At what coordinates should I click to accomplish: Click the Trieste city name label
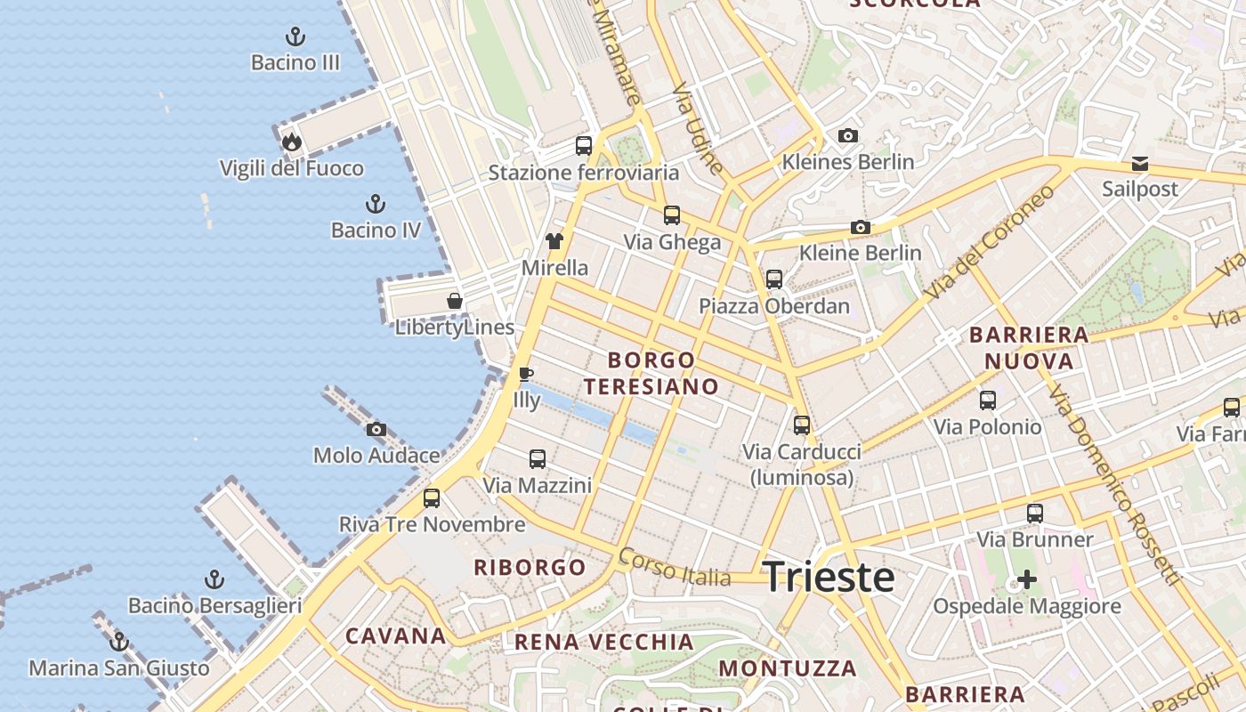pyautogui.click(x=829, y=578)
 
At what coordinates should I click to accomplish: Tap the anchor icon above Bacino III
pyautogui.click(x=295, y=36)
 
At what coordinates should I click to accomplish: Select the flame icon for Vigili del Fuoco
pyautogui.click(x=291, y=142)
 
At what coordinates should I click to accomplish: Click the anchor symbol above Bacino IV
pyautogui.click(x=376, y=204)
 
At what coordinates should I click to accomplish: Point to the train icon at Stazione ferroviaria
pyautogui.click(x=584, y=146)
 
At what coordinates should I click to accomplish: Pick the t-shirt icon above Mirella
pyautogui.click(x=554, y=241)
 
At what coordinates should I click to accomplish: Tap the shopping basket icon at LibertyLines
pyautogui.click(x=455, y=301)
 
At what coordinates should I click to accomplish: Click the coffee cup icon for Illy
pyautogui.click(x=526, y=374)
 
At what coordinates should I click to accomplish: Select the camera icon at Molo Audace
pyautogui.click(x=376, y=430)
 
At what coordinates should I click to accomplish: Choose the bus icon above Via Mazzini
pyautogui.click(x=538, y=459)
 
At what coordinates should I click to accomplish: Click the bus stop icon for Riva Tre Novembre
pyautogui.click(x=432, y=498)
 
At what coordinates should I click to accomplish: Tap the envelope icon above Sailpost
pyautogui.click(x=1140, y=164)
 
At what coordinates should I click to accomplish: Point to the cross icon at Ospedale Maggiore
pyautogui.click(x=1027, y=580)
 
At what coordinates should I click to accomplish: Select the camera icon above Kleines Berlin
pyautogui.click(x=848, y=136)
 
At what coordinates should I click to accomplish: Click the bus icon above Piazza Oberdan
pyautogui.click(x=774, y=279)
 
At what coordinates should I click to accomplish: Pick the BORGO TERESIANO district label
pyautogui.click(x=651, y=373)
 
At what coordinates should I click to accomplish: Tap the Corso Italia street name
pyautogui.click(x=675, y=567)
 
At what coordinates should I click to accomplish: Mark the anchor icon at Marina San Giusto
pyautogui.click(x=119, y=642)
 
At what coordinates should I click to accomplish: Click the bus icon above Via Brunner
pyautogui.click(x=1035, y=514)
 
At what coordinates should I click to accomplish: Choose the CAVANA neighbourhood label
pyautogui.click(x=396, y=635)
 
